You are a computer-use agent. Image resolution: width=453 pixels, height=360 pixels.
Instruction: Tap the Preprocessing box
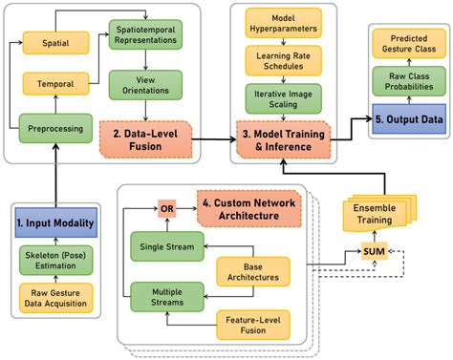(x=55, y=125)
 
